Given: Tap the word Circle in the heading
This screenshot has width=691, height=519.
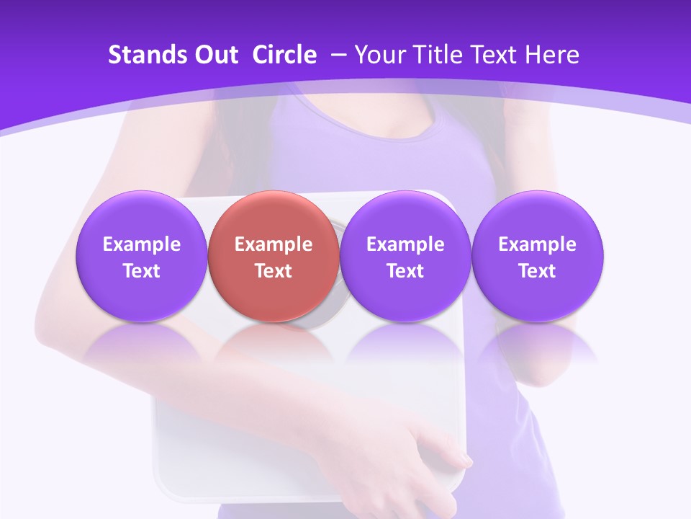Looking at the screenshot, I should pyautogui.click(x=284, y=55).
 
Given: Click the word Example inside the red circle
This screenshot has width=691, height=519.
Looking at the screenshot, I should pyautogui.click(x=274, y=244).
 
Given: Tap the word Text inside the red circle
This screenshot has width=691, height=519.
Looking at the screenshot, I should pyautogui.click(x=274, y=271).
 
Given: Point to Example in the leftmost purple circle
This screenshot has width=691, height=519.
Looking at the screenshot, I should pyautogui.click(x=142, y=244).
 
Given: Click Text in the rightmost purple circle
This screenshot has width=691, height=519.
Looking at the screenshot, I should pyautogui.click(x=537, y=271).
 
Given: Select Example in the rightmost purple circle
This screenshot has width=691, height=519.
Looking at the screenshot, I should pyautogui.click(x=537, y=244).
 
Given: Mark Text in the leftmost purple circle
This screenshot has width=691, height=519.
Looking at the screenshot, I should pyautogui.click(x=142, y=271).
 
